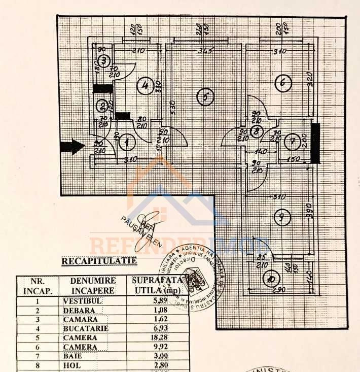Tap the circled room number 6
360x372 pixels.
[x=283, y=82]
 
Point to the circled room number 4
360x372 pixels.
[x=145, y=86]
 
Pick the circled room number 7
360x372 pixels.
[x=293, y=142]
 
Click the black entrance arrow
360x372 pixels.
[x=72, y=147]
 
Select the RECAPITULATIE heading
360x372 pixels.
[x=99, y=261]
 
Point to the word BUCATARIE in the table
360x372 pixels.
[x=86, y=329]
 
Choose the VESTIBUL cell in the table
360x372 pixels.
[x=83, y=300]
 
